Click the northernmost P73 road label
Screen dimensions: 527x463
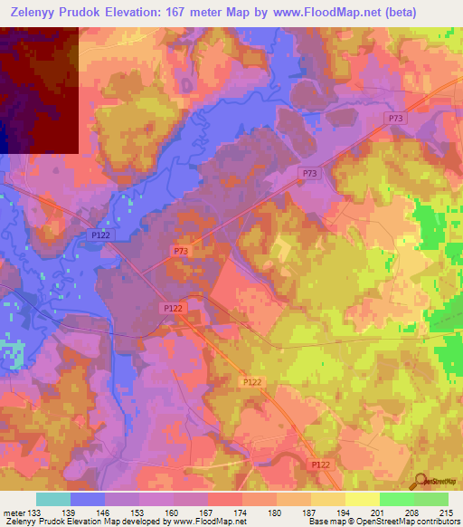395,119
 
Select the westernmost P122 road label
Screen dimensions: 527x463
101,235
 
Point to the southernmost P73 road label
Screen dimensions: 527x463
180,251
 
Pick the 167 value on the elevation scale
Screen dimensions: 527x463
208,513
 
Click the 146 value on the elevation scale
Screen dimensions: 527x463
105,513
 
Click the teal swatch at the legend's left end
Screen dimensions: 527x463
53,499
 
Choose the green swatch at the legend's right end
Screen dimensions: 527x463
431,499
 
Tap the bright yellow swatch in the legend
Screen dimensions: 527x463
363,499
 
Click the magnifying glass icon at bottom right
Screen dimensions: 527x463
420,480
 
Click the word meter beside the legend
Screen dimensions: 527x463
13,513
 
